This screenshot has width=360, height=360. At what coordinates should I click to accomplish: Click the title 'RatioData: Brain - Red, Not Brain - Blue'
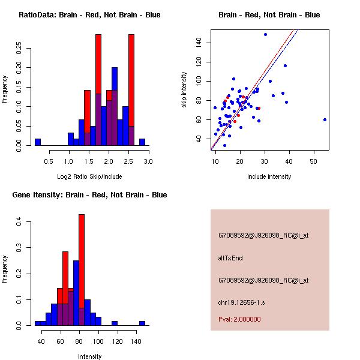coord(89,15)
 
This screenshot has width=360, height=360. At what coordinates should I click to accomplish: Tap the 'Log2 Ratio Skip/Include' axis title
coord(89,176)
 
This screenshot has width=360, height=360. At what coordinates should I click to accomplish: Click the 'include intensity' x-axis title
coord(269,176)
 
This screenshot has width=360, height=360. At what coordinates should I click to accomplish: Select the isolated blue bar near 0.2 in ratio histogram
coord(37,142)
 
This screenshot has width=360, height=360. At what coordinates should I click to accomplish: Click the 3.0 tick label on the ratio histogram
coord(148,161)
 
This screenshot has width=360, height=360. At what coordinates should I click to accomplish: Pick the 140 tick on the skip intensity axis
coord(197,43)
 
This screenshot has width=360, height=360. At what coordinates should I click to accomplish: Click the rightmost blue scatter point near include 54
coord(325,119)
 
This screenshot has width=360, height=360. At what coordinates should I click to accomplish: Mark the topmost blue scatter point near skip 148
coord(265,34)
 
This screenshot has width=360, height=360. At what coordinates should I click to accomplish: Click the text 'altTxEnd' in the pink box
coord(230,258)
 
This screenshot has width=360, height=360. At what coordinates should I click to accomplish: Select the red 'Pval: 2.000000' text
coord(239,319)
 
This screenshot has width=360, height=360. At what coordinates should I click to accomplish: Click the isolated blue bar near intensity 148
coord(142,323)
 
